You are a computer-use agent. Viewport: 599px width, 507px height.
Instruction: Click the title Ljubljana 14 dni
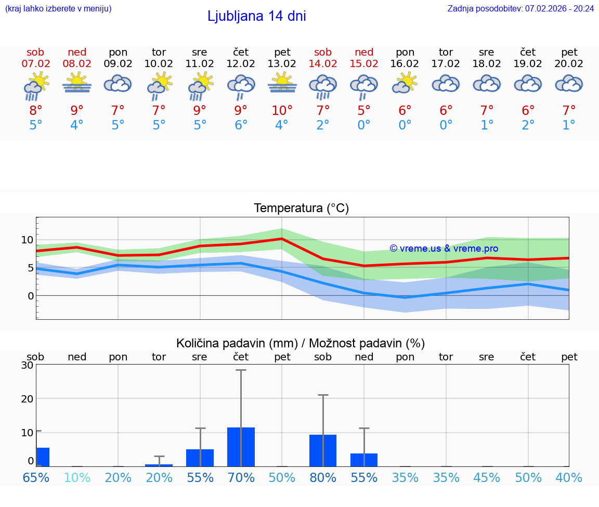256,16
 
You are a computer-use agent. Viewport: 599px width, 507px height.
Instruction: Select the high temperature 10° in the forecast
282,111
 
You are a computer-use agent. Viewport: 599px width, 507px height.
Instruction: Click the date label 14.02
323,64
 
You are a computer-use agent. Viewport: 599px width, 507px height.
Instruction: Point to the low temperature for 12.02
241,125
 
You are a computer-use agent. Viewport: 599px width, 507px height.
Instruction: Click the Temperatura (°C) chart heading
301,209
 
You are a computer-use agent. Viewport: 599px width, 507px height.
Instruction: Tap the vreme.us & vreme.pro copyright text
444,249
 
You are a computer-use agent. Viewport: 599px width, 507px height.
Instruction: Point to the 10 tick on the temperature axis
27,240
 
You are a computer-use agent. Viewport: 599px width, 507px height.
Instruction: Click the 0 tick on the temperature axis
31,296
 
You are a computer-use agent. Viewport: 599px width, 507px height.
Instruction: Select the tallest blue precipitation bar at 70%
241,447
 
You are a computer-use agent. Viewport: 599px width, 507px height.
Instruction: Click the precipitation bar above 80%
323,450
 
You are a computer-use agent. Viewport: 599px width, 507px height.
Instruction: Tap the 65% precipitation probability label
36,477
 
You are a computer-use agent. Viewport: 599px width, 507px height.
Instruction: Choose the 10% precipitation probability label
77,477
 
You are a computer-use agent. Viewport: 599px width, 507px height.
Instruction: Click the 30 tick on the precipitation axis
27,365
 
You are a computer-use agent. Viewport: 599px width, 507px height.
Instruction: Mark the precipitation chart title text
301,343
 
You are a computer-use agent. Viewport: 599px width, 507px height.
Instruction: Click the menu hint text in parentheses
58,8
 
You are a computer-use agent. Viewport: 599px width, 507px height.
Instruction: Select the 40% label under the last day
569,477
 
